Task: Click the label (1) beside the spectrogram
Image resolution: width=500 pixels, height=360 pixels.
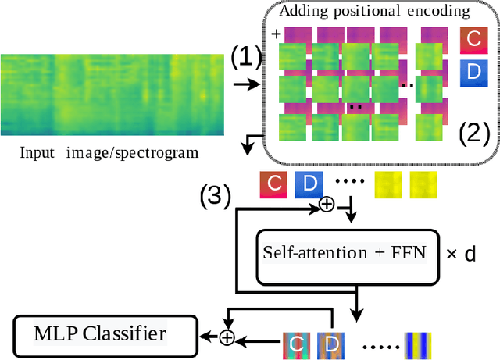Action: [247, 57]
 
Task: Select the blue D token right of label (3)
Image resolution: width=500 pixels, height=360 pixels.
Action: [308, 184]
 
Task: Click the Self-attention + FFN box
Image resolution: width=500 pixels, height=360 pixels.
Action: [347, 253]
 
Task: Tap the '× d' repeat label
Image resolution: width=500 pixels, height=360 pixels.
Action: [460, 254]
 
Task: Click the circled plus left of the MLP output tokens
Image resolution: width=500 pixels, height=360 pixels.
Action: [226, 337]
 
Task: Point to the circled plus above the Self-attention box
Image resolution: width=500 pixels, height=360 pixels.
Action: [327, 205]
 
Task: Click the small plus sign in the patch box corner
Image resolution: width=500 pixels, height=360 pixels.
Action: [276, 34]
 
